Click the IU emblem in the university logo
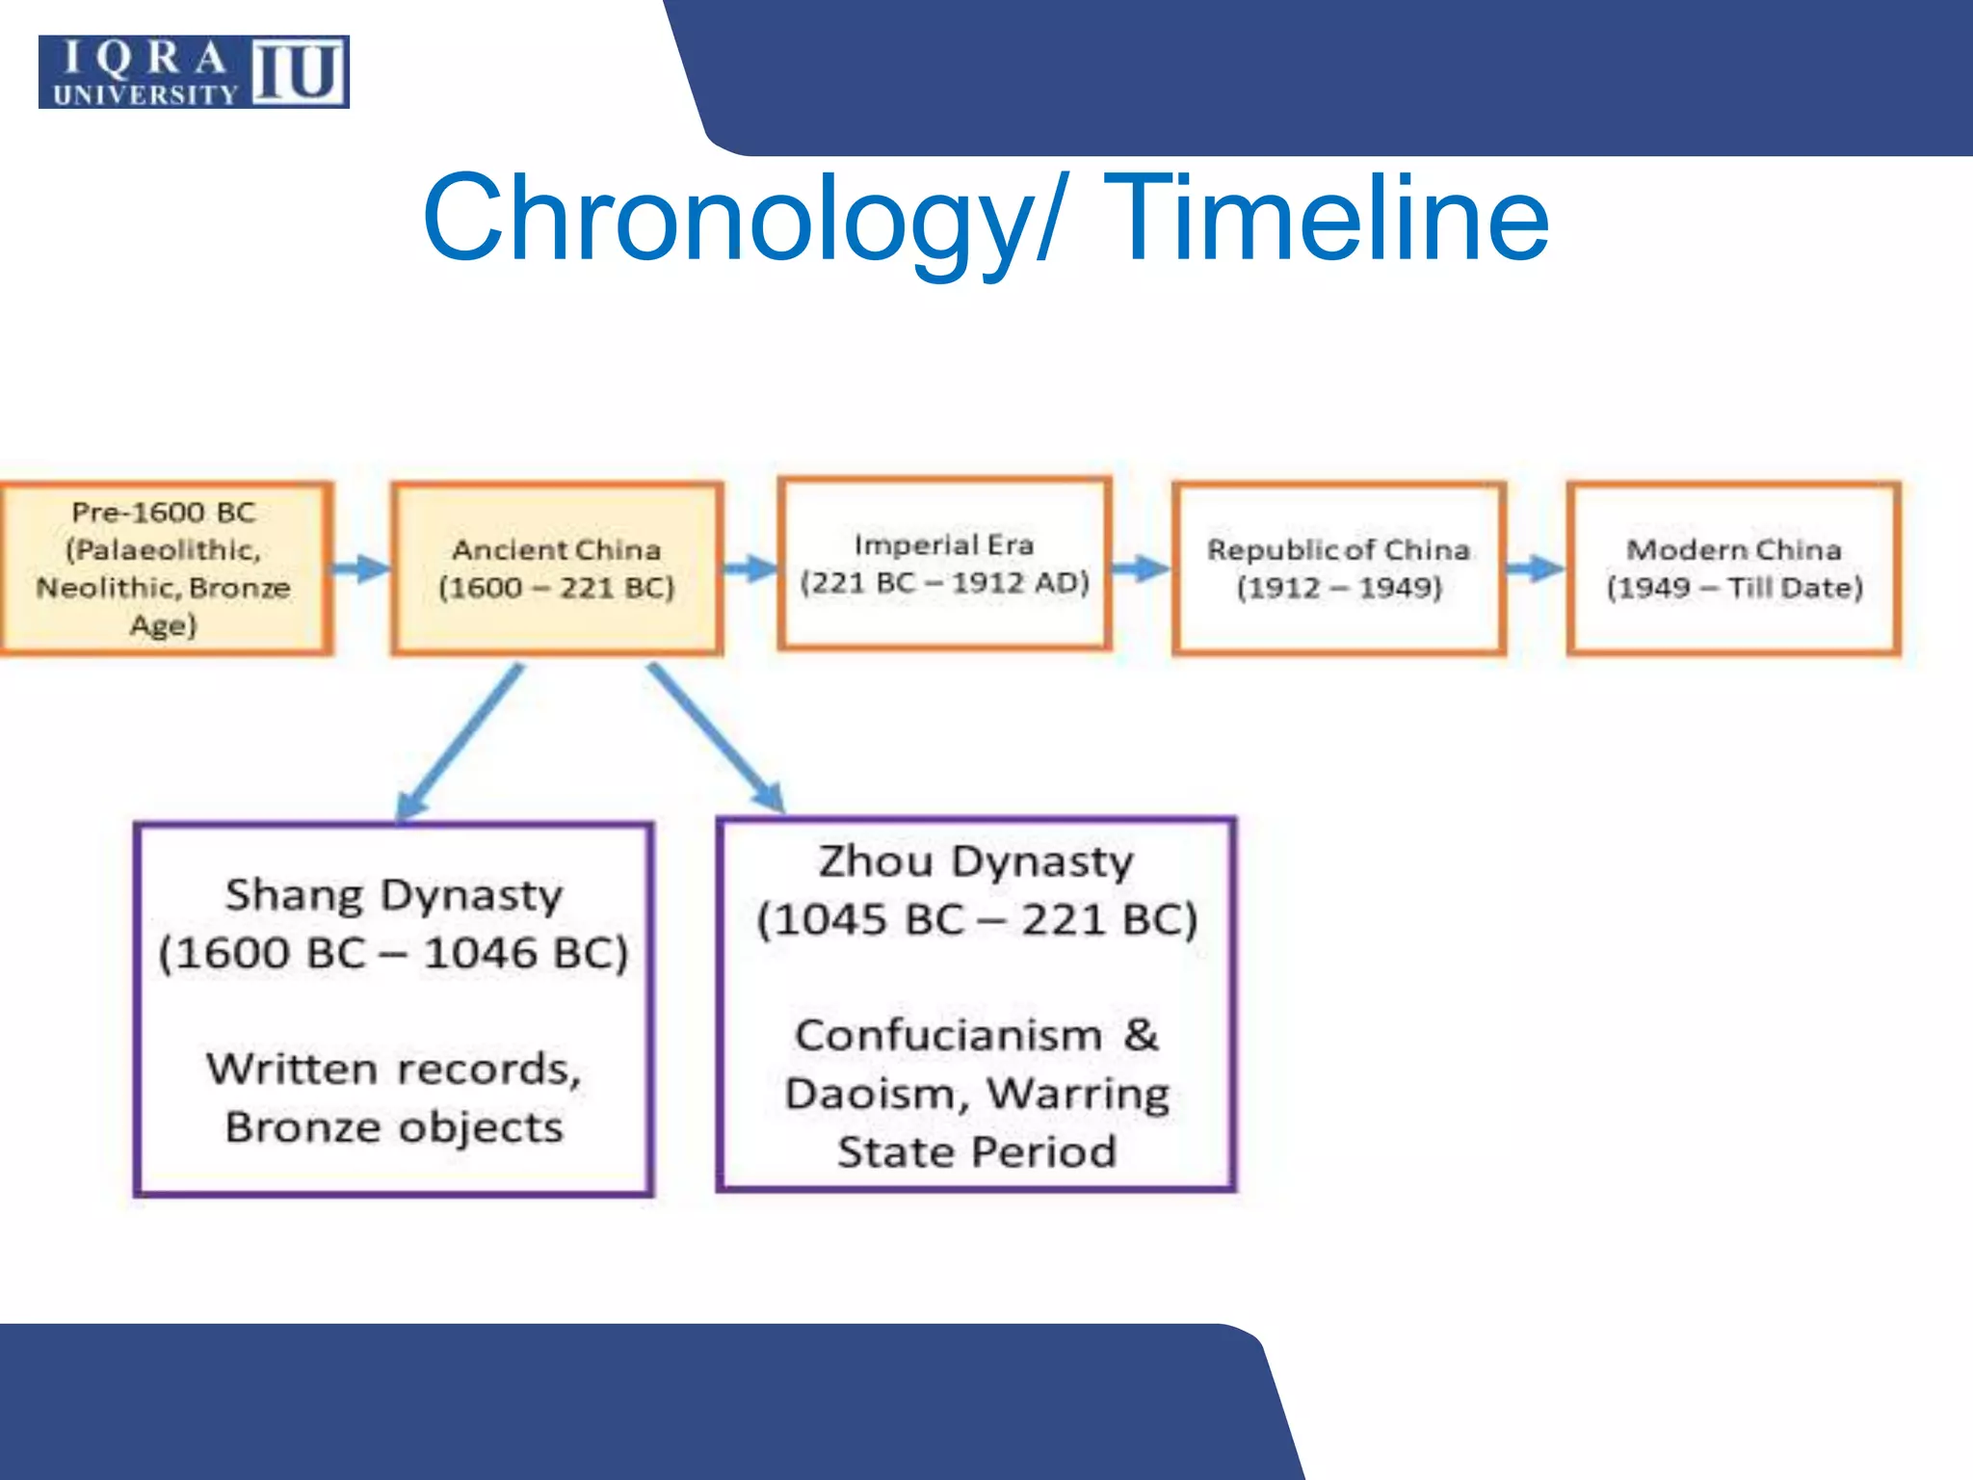(x=299, y=72)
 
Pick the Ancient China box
(x=557, y=568)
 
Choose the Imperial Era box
(x=944, y=564)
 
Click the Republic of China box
(x=1339, y=568)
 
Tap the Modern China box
(x=1734, y=568)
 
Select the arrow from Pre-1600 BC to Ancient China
(x=361, y=568)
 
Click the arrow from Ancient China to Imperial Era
(x=750, y=568)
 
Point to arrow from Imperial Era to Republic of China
(x=1141, y=568)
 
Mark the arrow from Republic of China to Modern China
(x=1536, y=568)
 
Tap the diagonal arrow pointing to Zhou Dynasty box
(x=717, y=738)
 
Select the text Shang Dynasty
(x=393, y=895)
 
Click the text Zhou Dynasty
(x=975, y=861)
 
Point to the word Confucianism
(x=948, y=1036)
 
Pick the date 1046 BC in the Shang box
(x=525, y=954)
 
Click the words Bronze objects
(x=393, y=1127)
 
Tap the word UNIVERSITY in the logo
(x=145, y=94)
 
